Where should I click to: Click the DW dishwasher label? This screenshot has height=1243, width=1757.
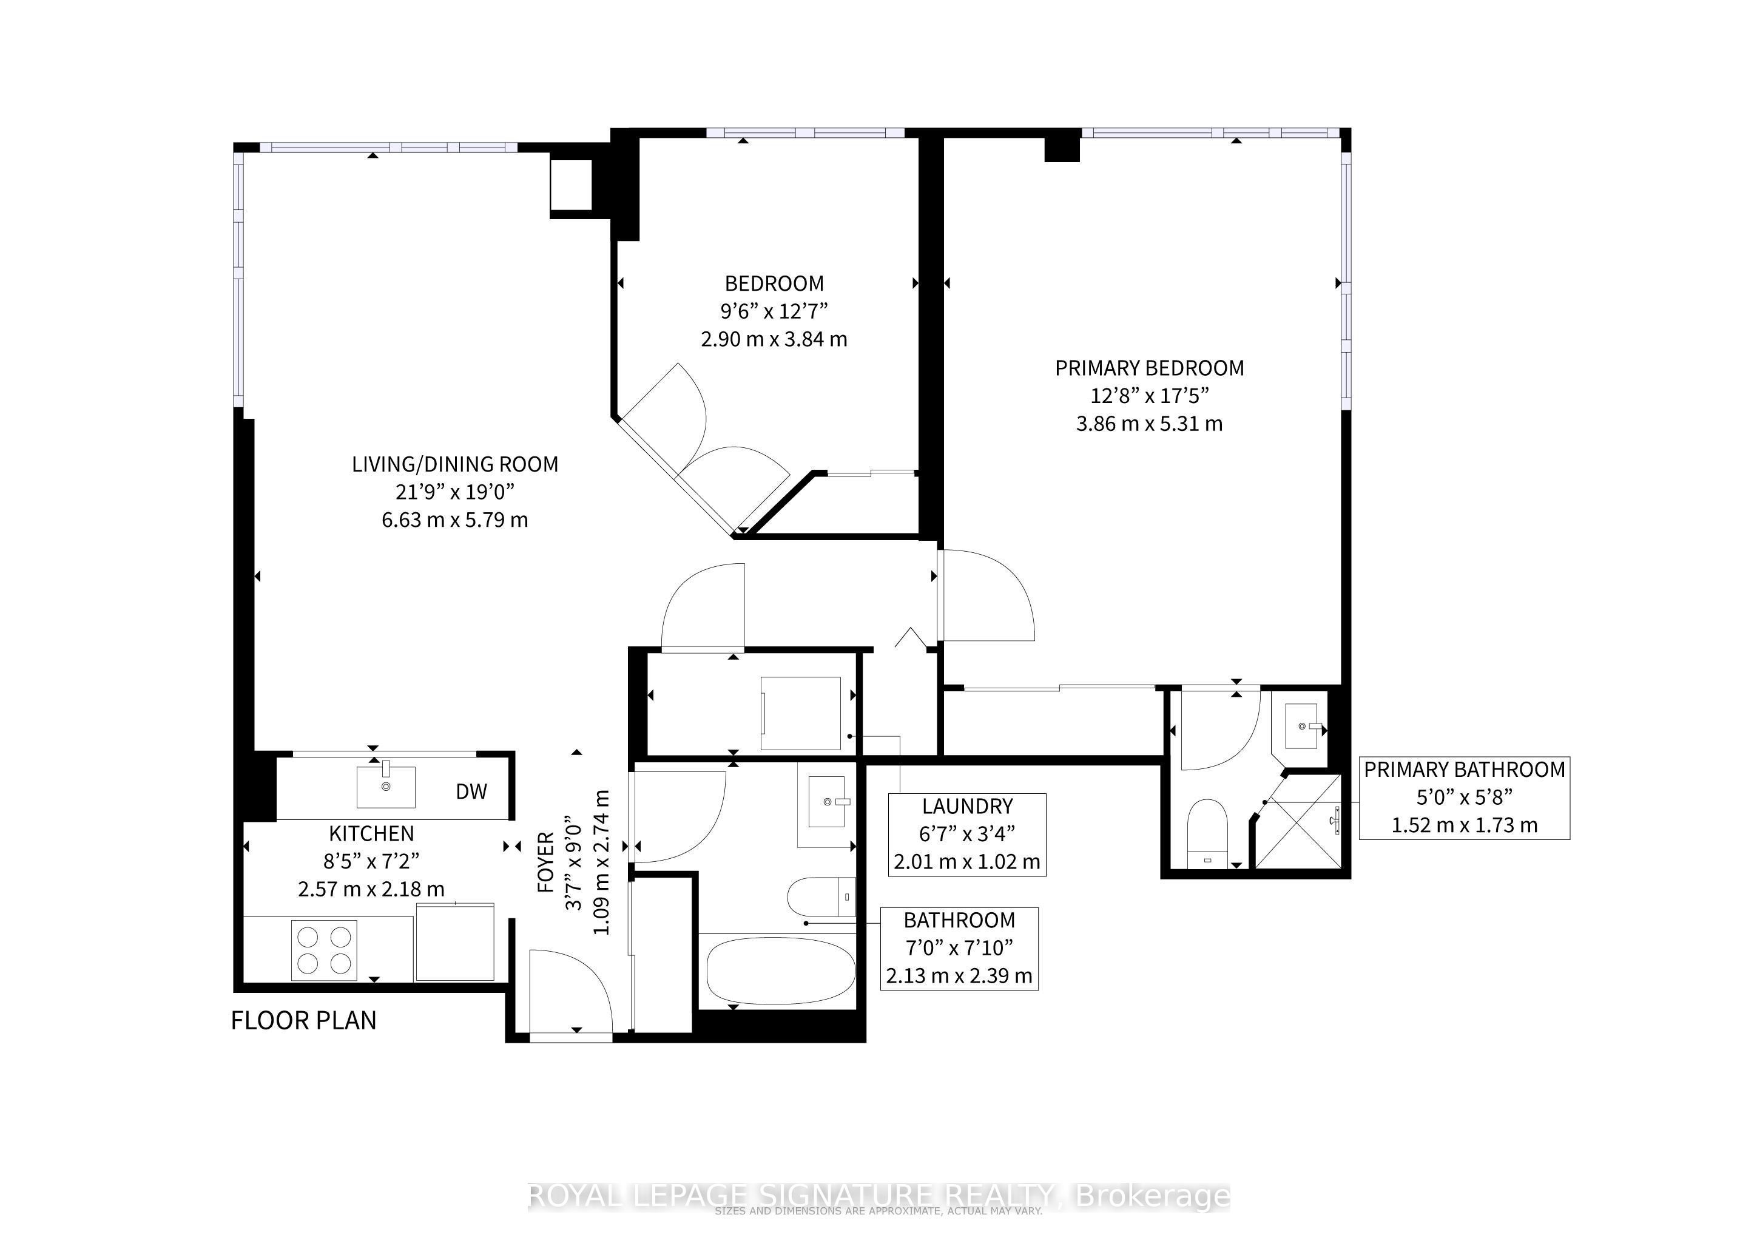[x=471, y=791]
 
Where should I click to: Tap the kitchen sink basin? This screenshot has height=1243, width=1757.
[x=386, y=787]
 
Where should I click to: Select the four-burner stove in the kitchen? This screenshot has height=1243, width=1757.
[x=324, y=950]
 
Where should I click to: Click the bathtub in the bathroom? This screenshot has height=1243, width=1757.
[x=780, y=970]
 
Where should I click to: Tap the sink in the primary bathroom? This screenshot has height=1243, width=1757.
[x=1301, y=726]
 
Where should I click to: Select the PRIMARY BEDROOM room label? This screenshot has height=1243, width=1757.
[x=1150, y=368]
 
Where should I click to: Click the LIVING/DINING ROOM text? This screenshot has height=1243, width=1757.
[x=454, y=464]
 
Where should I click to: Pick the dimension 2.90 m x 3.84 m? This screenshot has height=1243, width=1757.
[x=774, y=339]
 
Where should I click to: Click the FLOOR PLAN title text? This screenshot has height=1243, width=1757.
[x=304, y=1020]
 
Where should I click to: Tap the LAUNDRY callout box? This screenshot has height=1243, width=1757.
[x=966, y=835]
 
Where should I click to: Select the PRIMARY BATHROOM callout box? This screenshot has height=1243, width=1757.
[x=1464, y=798]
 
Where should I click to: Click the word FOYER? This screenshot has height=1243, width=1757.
[x=545, y=862]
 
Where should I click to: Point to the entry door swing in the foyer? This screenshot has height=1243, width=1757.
[x=570, y=991]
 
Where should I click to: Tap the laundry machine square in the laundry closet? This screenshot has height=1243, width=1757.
[x=800, y=713]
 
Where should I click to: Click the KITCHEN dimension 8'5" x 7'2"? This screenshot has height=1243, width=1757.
[x=371, y=861]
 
